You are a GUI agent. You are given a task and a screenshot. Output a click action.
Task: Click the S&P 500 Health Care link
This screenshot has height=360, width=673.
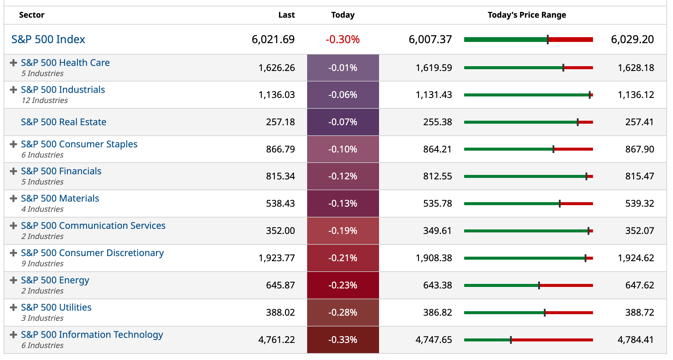(65, 63)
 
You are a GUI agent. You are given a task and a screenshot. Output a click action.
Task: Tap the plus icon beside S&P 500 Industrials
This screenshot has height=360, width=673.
(13, 90)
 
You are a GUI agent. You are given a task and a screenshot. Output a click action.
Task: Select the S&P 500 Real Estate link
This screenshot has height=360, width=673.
(64, 122)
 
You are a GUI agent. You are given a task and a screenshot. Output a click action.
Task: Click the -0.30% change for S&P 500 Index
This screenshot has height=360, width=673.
(342, 39)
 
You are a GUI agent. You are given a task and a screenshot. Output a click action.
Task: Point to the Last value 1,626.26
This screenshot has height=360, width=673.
(277, 68)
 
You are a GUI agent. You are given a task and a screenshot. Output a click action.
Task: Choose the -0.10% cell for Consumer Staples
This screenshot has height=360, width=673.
(343, 149)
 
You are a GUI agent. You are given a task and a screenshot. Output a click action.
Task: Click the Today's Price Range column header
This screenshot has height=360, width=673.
(527, 15)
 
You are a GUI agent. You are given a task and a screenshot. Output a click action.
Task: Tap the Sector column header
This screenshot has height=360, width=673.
(31, 15)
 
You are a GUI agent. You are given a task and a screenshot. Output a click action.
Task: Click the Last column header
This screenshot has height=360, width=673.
(286, 15)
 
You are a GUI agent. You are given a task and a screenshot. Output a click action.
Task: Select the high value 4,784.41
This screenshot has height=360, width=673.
(636, 340)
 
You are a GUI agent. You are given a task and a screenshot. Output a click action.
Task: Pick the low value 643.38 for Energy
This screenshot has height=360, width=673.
(437, 285)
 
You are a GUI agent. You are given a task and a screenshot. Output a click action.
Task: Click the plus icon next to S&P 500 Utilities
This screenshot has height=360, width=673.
(13, 308)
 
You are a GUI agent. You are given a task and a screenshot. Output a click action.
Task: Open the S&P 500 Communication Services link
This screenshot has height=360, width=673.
(93, 226)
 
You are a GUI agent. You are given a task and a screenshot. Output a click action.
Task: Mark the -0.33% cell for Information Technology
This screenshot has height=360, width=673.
(343, 340)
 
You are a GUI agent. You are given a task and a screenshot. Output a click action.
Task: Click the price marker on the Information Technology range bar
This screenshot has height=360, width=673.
(511, 340)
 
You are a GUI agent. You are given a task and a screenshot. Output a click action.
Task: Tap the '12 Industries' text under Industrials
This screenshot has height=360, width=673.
(45, 100)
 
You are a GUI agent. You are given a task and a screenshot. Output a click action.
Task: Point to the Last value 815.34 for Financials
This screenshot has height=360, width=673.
(280, 176)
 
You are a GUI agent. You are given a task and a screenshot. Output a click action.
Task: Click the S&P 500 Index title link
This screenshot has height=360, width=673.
(48, 39)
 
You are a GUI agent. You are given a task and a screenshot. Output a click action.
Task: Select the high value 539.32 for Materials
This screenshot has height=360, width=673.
(639, 203)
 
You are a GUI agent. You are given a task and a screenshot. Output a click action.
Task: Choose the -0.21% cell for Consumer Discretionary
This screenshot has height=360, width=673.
(343, 258)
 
